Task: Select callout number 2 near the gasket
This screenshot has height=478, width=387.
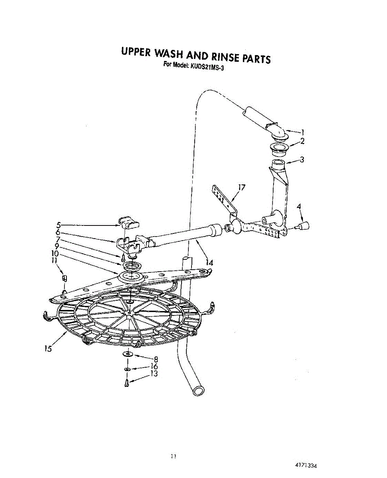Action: coord(303,141)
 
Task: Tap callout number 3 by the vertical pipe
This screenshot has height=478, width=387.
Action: coord(302,160)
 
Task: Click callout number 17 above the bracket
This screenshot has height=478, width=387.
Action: coord(242,187)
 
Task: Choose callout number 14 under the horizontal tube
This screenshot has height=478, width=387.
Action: coord(209,263)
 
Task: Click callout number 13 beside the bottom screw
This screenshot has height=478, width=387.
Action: coord(154,374)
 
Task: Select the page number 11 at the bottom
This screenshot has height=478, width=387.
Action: coord(173,456)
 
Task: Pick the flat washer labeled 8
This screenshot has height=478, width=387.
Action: coord(127,354)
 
